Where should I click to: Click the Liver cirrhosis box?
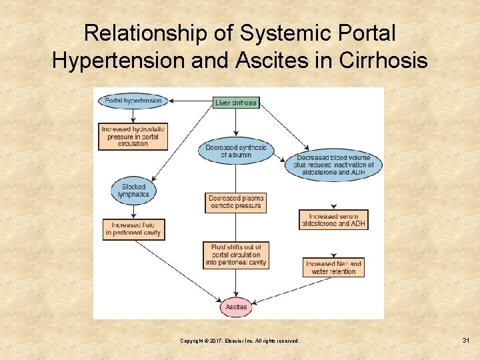236,103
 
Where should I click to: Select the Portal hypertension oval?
133,101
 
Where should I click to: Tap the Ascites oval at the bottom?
236,307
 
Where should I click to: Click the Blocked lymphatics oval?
133,191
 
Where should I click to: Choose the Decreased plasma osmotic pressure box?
236,202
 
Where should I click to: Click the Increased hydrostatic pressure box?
133,135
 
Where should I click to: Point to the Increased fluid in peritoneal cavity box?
133,229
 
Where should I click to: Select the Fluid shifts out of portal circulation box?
236,255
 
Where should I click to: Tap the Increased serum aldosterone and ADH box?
333,220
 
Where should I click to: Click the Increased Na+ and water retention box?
333,267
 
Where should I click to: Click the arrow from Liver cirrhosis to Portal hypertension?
190,101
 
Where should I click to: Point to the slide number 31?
466,341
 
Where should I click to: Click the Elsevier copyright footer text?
239,341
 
